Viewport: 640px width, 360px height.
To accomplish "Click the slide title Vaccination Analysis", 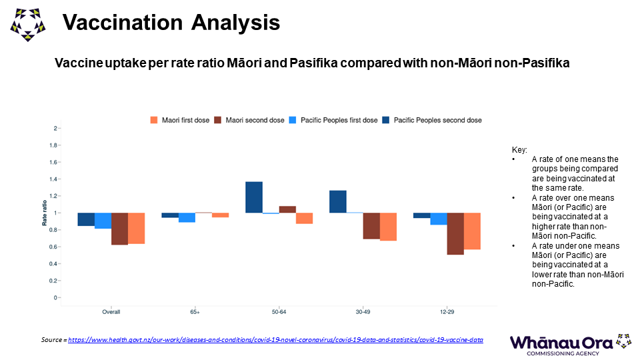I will (171, 23).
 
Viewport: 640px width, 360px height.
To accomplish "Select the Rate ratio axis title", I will (45, 213).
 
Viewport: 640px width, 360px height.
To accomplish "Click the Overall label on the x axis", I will (111, 311).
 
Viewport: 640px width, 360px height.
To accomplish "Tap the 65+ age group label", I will (195, 311).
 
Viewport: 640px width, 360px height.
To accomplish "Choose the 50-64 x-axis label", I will (279, 311).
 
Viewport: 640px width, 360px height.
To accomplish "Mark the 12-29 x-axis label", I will (447, 311).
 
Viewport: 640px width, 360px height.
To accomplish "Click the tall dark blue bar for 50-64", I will (254, 197).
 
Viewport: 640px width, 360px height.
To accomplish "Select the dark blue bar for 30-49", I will (338, 202).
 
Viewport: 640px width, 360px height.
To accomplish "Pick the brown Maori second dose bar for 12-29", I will (455, 233).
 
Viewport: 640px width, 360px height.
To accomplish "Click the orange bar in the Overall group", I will (137, 228).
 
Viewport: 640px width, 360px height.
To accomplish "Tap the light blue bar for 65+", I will (187, 217).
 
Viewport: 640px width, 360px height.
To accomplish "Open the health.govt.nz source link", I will (275, 340).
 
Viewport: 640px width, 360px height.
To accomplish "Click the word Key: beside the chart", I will (518, 150).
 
